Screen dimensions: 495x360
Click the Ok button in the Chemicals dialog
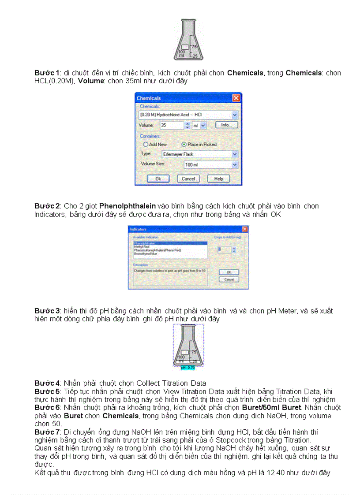point(158,179)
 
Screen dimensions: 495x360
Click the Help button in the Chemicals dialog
point(218,179)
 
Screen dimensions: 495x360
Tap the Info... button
point(226,125)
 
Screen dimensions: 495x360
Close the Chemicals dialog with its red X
point(236,98)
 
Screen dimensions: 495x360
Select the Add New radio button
point(146,144)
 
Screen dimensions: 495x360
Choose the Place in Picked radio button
point(184,144)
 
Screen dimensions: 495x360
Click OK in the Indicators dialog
point(229,272)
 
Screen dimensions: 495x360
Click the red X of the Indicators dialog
point(244,229)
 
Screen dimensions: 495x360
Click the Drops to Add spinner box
point(224,249)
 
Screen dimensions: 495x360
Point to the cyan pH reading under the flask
point(188,367)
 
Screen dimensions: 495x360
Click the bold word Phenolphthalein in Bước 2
point(121,206)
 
